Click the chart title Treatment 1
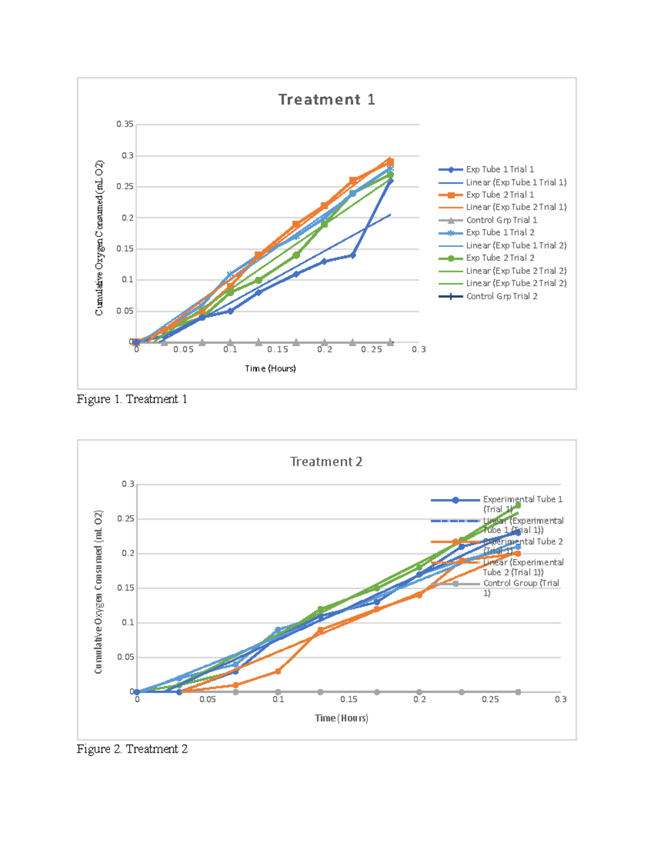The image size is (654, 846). coord(326,100)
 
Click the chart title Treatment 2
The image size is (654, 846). coord(326,462)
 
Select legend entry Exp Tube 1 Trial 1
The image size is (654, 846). coord(500,169)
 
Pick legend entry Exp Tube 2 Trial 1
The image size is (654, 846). coord(500,194)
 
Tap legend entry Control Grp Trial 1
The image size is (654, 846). coord(501,220)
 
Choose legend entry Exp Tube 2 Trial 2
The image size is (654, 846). coord(500,258)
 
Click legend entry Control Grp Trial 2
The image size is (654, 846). coord(501,296)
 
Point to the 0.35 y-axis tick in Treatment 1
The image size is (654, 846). coord(125,124)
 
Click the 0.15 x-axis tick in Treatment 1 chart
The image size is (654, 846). coord(277,350)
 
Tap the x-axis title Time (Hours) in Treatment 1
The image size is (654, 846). coord(270,369)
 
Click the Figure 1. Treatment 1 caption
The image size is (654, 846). coord(132,399)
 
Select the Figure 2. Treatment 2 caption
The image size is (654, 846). coord(132,749)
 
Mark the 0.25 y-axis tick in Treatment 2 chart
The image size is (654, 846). coord(125,519)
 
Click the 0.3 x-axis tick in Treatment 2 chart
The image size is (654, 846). coord(561,699)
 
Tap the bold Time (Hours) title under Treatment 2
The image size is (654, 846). coord(341,718)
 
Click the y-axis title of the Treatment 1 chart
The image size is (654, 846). coord(99,238)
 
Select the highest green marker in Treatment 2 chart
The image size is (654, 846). coord(518,506)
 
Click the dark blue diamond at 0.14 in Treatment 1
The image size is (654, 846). coord(353,255)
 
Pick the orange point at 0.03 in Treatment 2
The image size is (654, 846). coord(278,671)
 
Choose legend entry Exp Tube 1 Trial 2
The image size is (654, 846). coord(500,233)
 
